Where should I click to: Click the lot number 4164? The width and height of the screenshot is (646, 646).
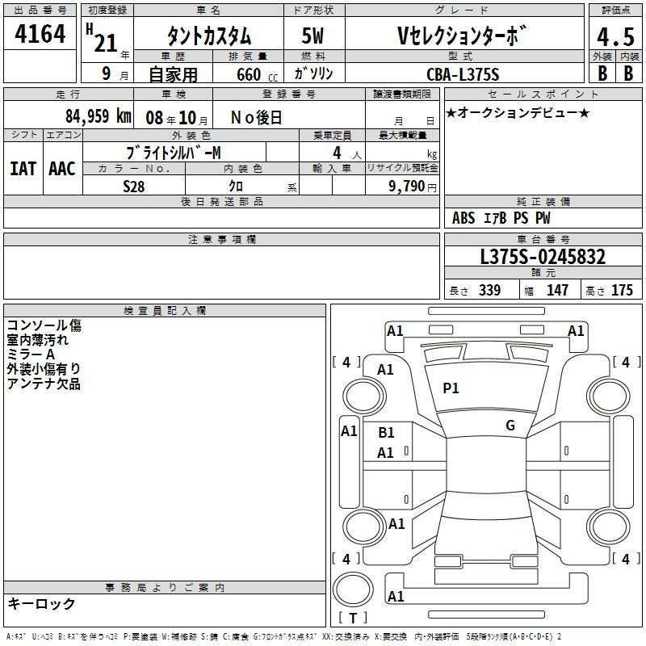pos(40,34)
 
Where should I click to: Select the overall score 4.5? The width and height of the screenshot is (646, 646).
pos(615,36)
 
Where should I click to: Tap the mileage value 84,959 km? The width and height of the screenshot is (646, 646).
pos(98,116)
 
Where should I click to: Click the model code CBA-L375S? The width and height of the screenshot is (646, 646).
pos(463,74)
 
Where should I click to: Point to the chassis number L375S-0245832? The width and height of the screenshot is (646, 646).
pos(543,257)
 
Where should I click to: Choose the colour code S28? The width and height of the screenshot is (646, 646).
pos(134,187)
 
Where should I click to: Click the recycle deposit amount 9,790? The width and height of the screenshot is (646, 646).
pos(406,186)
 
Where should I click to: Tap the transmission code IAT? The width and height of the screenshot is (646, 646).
pos(23,169)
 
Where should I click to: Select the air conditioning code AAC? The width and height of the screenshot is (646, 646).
pos(62,169)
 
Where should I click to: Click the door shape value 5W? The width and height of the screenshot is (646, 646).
pos(313,36)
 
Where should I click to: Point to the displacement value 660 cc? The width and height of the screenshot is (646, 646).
pos(257,75)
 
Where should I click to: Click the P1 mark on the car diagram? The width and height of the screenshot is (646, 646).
pos(451,388)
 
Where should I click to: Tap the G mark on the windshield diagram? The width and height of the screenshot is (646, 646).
pos(510,425)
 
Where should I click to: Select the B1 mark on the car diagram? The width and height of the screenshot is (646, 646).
pos(386,432)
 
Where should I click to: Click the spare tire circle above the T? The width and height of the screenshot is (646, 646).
pos(353,589)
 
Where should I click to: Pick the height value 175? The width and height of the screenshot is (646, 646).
pos(622,290)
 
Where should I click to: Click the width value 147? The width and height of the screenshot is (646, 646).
pos(557,290)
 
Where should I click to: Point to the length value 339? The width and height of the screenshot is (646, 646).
pos(490,290)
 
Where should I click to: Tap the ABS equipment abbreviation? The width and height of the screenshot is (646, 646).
pos(464,218)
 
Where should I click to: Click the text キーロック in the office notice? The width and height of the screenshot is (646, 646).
pos(41,603)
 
